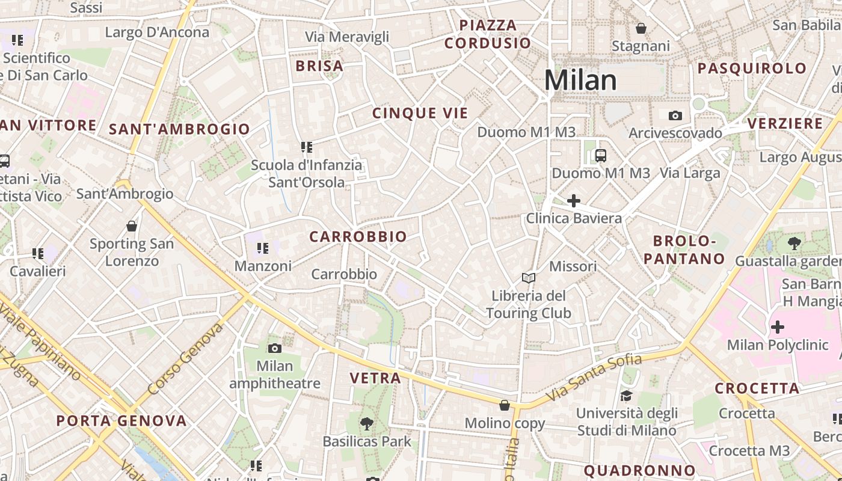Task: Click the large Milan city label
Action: (580, 80)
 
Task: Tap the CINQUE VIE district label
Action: (420, 113)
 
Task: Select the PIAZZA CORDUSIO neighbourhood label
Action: (488, 34)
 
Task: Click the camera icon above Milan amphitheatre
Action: (275, 348)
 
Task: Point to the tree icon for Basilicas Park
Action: (366, 424)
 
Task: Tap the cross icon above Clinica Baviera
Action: (574, 200)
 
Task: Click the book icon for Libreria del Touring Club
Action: (529, 278)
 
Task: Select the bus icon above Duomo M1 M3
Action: (600, 156)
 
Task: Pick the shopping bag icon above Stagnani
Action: (641, 28)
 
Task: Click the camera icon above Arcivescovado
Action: (675, 115)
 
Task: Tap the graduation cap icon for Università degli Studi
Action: (626, 396)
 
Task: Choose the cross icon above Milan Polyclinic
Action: (778, 327)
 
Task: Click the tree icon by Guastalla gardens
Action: (794, 244)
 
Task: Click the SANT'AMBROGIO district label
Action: (179, 129)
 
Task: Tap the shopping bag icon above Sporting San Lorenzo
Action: (132, 226)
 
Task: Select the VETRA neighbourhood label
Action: (375, 378)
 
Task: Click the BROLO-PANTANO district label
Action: (689, 250)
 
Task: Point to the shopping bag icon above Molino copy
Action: (505, 405)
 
